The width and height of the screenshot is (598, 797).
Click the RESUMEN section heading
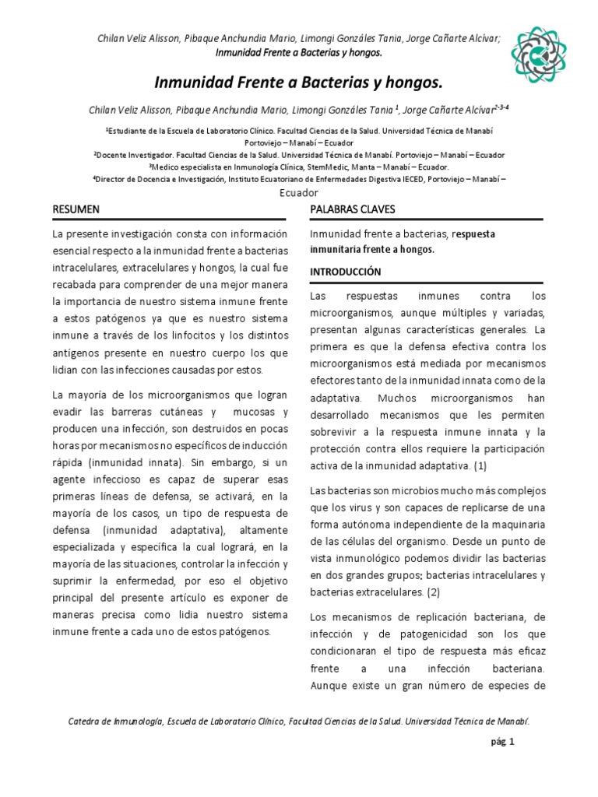[x=76, y=209]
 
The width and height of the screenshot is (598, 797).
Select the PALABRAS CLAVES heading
[x=352, y=209]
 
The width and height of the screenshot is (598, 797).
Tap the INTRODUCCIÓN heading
[x=346, y=272]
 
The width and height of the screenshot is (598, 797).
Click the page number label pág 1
[x=502, y=742]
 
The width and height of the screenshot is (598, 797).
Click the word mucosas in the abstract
[x=252, y=411]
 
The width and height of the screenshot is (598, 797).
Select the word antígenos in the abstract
[x=77, y=352]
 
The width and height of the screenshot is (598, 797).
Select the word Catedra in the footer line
[x=88, y=722]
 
